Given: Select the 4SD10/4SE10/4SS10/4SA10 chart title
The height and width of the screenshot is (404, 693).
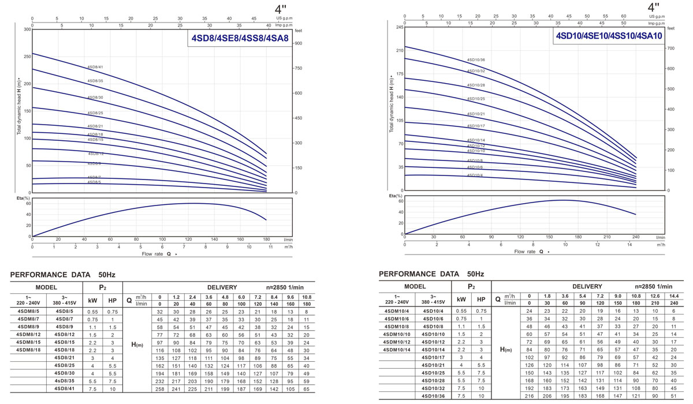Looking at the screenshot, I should pos(609,36).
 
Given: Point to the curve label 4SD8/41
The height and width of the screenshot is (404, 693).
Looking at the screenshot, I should pos(95,67).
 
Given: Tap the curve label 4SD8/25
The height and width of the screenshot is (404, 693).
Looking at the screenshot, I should pos(95,113).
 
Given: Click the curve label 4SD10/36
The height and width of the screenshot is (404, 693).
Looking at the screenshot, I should pos(476,60).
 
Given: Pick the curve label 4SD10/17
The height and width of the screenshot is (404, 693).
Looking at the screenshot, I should pos(476,126).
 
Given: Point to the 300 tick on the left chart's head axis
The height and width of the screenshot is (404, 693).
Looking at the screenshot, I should pos(27,29).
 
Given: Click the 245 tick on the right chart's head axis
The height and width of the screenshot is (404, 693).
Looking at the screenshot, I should pos(399,28).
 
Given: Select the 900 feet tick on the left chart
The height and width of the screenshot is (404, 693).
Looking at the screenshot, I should pos(299,43).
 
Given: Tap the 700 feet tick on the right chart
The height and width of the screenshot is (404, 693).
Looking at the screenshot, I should pos(670,48).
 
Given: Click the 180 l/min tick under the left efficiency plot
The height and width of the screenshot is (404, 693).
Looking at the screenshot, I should pos(266,239).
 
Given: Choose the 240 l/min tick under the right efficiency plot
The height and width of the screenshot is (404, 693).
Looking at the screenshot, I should pos(636,237).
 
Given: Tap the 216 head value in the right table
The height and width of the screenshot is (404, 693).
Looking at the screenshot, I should pos(529,396).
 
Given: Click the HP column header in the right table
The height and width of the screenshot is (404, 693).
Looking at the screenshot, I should pos(480,300).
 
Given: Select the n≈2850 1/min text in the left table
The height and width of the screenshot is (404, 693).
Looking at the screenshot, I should pos(285,287).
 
